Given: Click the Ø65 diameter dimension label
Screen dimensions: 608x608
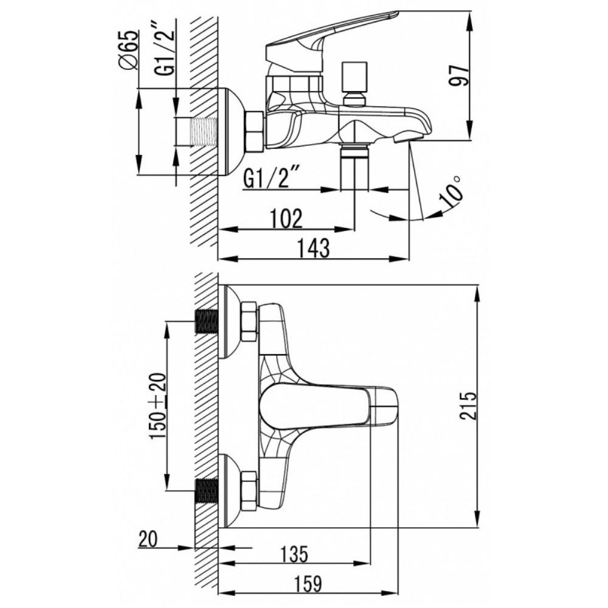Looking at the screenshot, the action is pyautogui.click(x=129, y=50).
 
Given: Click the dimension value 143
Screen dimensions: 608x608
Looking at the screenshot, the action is pyautogui.click(x=314, y=248).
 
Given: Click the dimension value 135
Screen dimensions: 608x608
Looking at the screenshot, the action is pyautogui.click(x=295, y=554).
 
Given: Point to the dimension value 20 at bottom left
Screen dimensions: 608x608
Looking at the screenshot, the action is pyautogui.click(x=148, y=539).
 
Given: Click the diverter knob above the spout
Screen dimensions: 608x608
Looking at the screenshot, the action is pyautogui.click(x=354, y=83).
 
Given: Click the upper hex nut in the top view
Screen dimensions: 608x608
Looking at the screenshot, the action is pyautogui.click(x=249, y=322).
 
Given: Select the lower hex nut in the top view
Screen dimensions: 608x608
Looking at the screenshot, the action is pyautogui.click(x=249, y=491).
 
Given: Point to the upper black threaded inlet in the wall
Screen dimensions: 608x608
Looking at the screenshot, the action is pyautogui.click(x=206, y=322).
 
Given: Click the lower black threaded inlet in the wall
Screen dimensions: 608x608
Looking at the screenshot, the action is pyautogui.click(x=206, y=491).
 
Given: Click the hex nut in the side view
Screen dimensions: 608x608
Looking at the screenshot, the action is pyautogui.click(x=254, y=131).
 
